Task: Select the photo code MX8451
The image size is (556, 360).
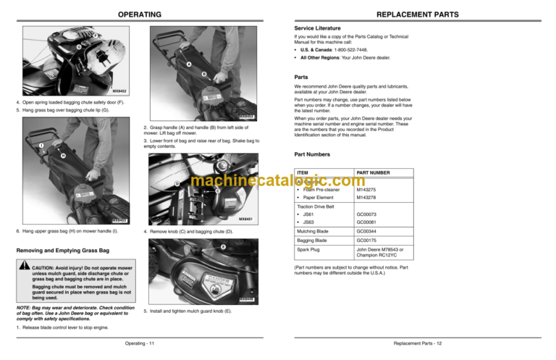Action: point(245,218)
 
